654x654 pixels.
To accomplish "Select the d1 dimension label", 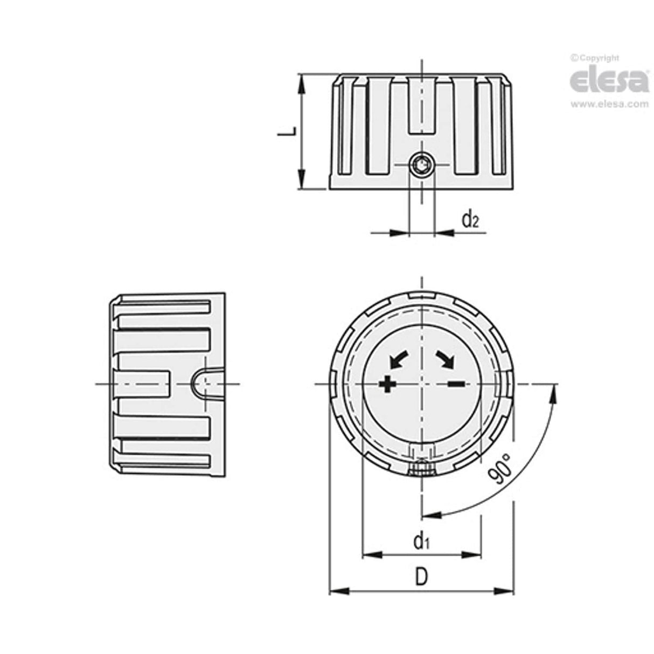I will (x=421, y=541).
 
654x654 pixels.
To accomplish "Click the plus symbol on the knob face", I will (x=387, y=384).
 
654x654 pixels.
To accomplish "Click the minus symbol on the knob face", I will (x=456, y=384).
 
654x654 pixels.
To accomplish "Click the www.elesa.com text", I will (x=609, y=105).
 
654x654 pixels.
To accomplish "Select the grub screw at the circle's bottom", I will (x=421, y=469).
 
